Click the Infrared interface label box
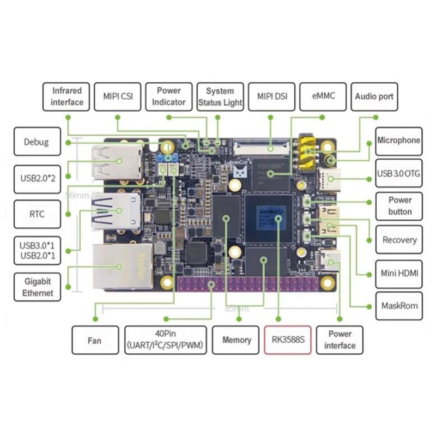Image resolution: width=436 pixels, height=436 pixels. pyautogui.click(x=67, y=96)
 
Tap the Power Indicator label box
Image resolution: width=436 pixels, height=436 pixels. pyautogui.click(x=168, y=96)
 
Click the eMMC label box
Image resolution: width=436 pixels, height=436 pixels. pyautogui.click(x=319, y=96)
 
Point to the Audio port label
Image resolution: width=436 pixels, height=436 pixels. pyautogui.click(x=374, y=96)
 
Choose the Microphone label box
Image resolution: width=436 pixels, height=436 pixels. pyautogui.click(x=398, y=141)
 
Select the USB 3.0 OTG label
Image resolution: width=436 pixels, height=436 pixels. pyautogui.click(x=398, y=174)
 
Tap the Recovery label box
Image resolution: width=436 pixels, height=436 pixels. pyautogui.click(x=399, y=240)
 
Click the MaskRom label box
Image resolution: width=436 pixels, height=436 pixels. pyautogui.click(x=399, y=306)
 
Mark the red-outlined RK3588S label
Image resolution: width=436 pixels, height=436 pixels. pyautogui.click(x=287, y=340)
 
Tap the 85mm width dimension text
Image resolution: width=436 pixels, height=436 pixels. pyautogui.click(x=235, y=308)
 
